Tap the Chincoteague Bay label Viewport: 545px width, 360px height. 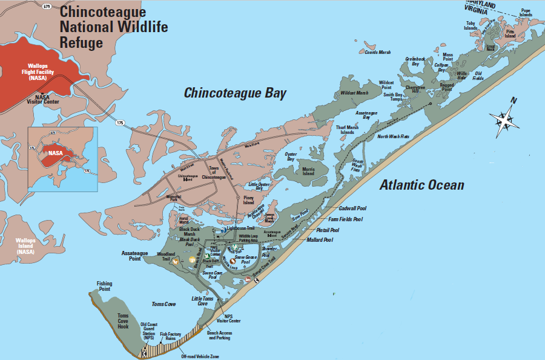point(235,93)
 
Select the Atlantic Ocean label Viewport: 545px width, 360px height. point(421,185)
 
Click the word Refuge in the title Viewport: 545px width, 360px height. point(82,42)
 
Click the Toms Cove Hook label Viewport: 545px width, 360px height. point(123,321)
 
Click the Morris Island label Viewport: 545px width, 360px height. point(308,171)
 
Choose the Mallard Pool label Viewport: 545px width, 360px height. point(320,240)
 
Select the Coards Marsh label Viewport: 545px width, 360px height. point(378,53)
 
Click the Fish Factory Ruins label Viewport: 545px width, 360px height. point(171,336)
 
